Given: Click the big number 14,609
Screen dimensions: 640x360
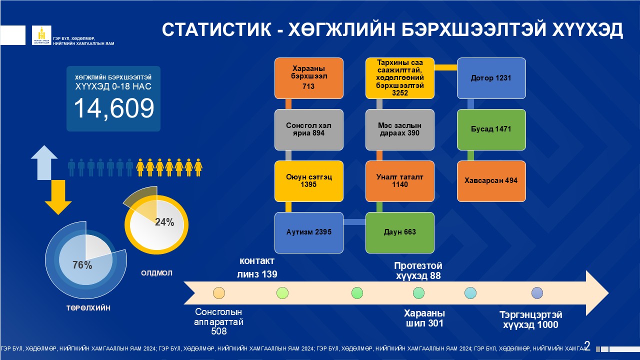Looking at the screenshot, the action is click(114, 108).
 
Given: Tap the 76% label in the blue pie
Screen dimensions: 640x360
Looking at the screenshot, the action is click(82, 265).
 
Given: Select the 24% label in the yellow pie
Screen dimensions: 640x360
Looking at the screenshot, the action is click(164, 222).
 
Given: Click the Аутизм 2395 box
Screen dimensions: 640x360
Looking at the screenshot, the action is click(309, 232).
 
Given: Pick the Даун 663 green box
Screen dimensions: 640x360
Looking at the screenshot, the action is click(399, 232).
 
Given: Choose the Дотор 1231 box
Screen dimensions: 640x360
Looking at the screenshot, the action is click(491, 78).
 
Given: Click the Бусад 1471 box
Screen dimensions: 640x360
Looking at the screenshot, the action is click(491, 129).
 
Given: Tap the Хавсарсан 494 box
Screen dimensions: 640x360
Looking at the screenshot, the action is click(491, 181).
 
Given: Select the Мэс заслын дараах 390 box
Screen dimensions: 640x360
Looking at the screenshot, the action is click(399, 129).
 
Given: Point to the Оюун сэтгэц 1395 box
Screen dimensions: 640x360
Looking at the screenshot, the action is click(309, 181).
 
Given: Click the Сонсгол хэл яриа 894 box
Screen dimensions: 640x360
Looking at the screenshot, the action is click(309, 129).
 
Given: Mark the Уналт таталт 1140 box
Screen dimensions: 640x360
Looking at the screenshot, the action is click(399, 181).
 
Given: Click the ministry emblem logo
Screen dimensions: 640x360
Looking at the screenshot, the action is click(41, 35).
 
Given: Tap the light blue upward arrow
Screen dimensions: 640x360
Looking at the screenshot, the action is click(44, 162).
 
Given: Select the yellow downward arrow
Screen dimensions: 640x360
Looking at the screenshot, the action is click(58, 197).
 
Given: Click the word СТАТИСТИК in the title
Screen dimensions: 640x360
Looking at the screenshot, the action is click(217, 29).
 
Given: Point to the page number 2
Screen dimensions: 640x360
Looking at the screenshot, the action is click(587, 346).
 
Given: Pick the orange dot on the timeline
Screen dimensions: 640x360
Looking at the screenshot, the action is click(219, 293).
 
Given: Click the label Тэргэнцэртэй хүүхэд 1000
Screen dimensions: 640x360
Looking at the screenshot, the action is click(531, 319).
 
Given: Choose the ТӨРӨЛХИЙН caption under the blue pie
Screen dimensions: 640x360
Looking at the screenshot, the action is click(88, 308).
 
